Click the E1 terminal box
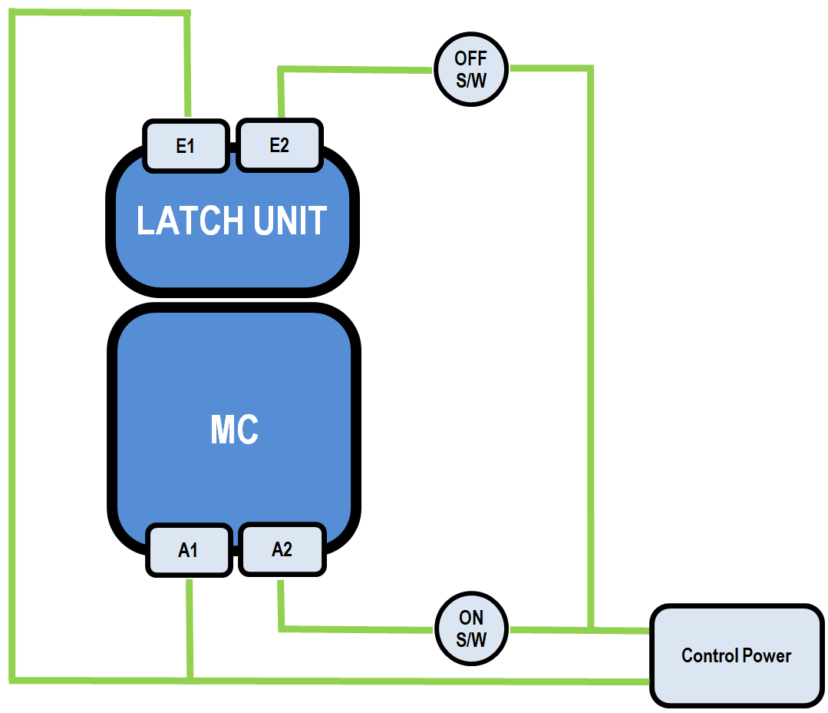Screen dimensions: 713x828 point(186,145)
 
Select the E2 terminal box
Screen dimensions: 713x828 point(279,145)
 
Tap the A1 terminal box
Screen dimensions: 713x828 point(189,550)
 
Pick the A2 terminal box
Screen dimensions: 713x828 point(282,549)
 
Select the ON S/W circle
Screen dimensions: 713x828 point(472,628)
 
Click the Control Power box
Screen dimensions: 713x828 point(736,655)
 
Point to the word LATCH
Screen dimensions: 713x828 point(181,221)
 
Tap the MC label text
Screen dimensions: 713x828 point(234,431)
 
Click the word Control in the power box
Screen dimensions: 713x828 point(709,656)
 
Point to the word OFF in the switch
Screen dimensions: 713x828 point(471,59)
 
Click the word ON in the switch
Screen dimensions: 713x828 point(472,618)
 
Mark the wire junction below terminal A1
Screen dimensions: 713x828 point(190,680)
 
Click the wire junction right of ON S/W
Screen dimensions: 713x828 point(590,630)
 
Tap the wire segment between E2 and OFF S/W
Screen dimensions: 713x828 point(353,70)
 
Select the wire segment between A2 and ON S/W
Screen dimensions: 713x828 point(353,629)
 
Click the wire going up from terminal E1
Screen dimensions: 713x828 point(187,69)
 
